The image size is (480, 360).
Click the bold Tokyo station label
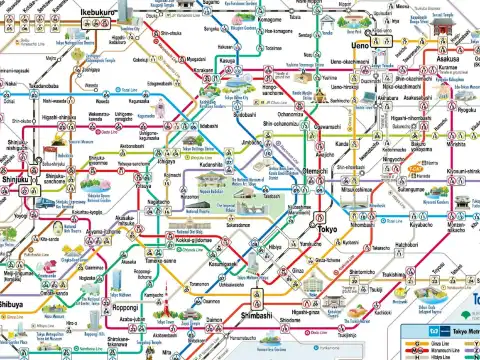coord(328,228)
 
